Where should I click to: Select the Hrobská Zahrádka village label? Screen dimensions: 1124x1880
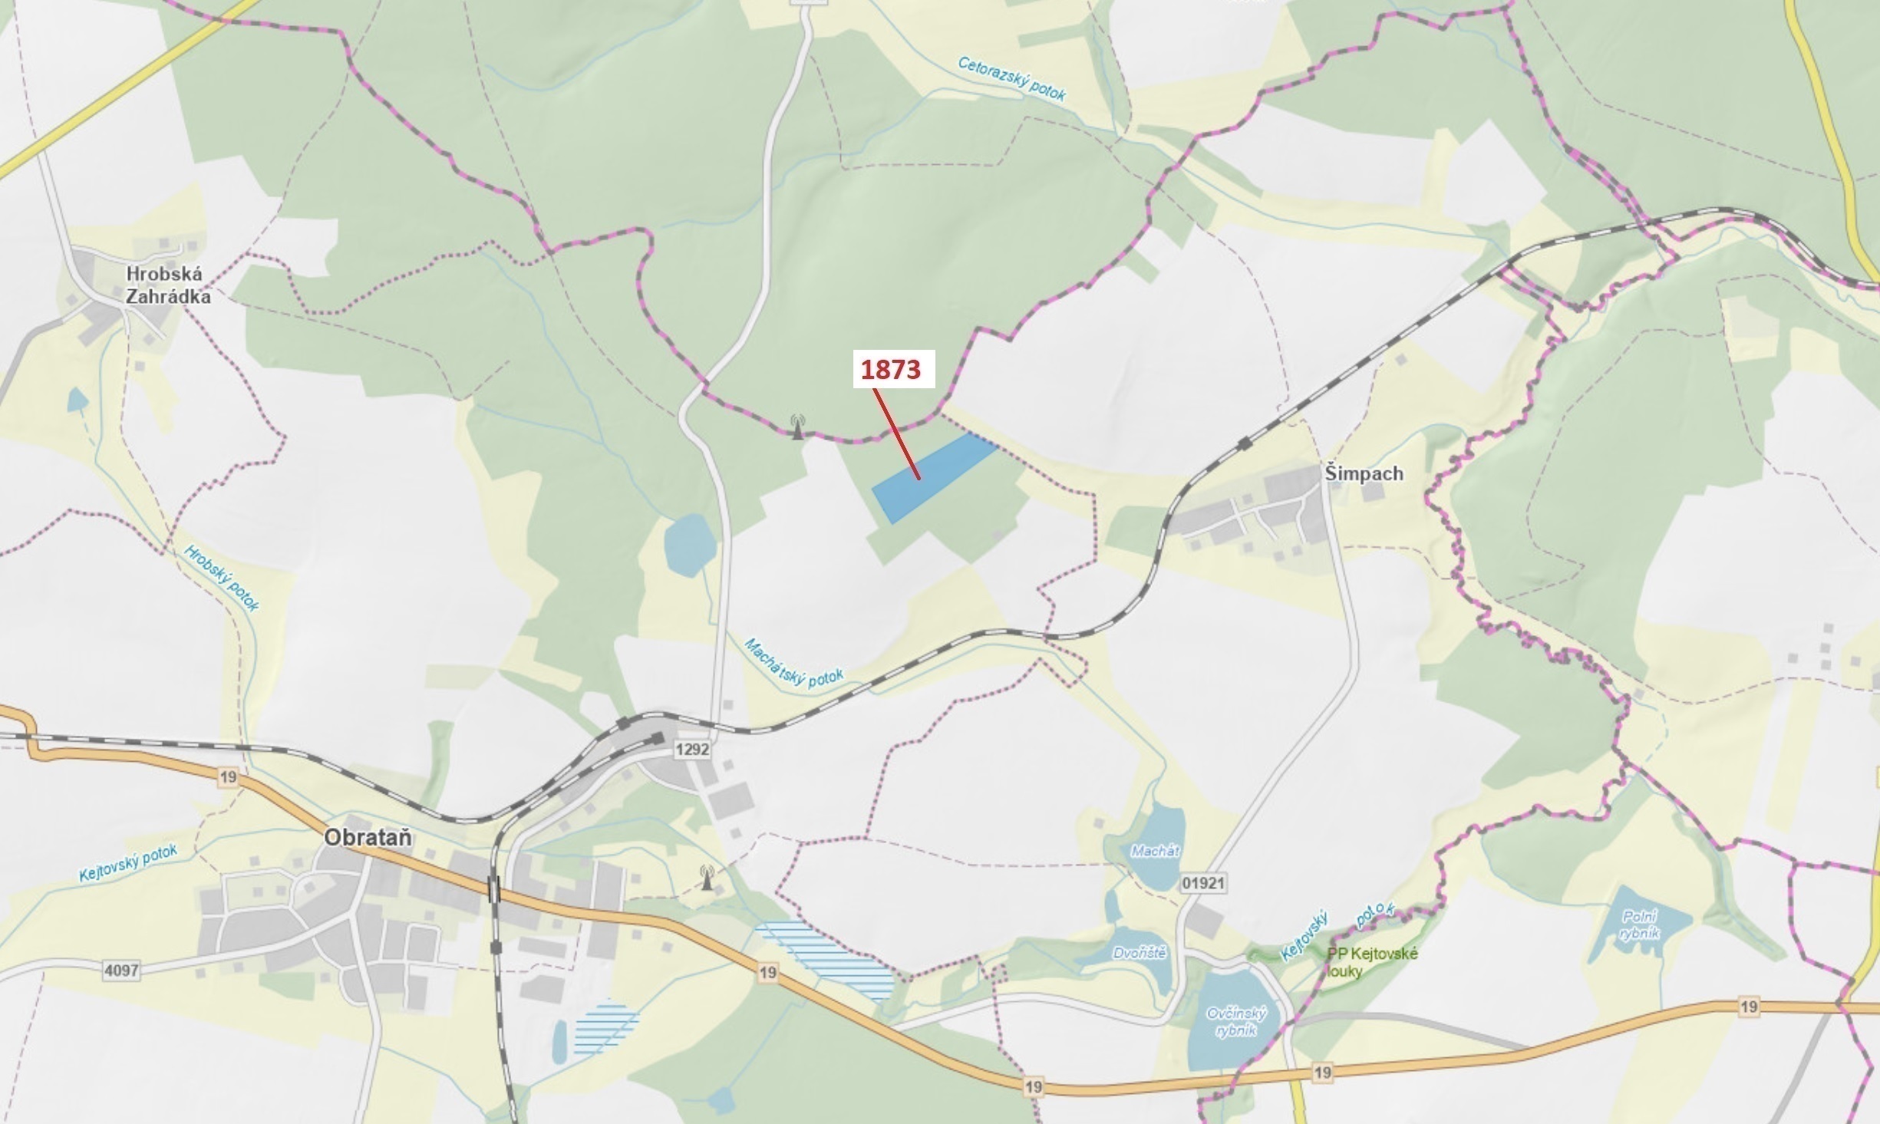(168, 285)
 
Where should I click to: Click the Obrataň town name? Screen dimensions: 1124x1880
(368, 837)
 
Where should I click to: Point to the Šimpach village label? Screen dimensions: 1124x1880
(1364, 473)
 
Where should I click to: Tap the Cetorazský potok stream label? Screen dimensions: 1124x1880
(1011, 78)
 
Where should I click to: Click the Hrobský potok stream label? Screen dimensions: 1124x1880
(222, 578)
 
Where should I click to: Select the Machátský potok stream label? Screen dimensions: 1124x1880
(793, 664)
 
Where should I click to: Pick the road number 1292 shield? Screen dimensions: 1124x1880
(691, 749)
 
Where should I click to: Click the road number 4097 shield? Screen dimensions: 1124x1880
(121, 971)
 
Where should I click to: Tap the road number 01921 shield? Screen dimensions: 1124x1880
(1202, 883)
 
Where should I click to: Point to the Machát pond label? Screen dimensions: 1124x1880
(1155, 851)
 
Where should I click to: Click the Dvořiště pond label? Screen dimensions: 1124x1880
(1140, 954)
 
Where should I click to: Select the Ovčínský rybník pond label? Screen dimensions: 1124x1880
(1235, 1022)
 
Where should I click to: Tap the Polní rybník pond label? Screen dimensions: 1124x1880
(1640, 925)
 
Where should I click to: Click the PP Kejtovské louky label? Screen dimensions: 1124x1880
(1372, 962)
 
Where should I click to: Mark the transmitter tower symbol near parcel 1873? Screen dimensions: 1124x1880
(798, 426)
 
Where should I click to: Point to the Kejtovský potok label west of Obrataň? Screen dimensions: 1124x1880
(128, 863)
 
